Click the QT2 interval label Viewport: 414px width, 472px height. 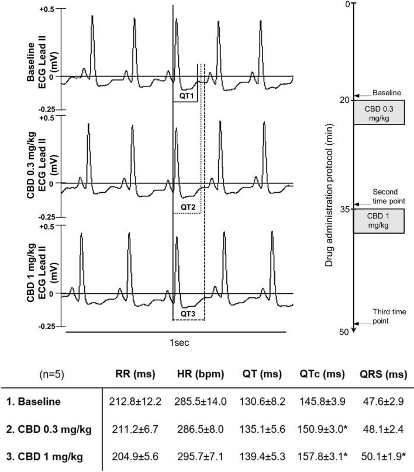[188, 207]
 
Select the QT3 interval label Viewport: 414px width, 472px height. [188, 314]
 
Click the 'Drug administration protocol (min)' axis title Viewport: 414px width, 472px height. [329, 164]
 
